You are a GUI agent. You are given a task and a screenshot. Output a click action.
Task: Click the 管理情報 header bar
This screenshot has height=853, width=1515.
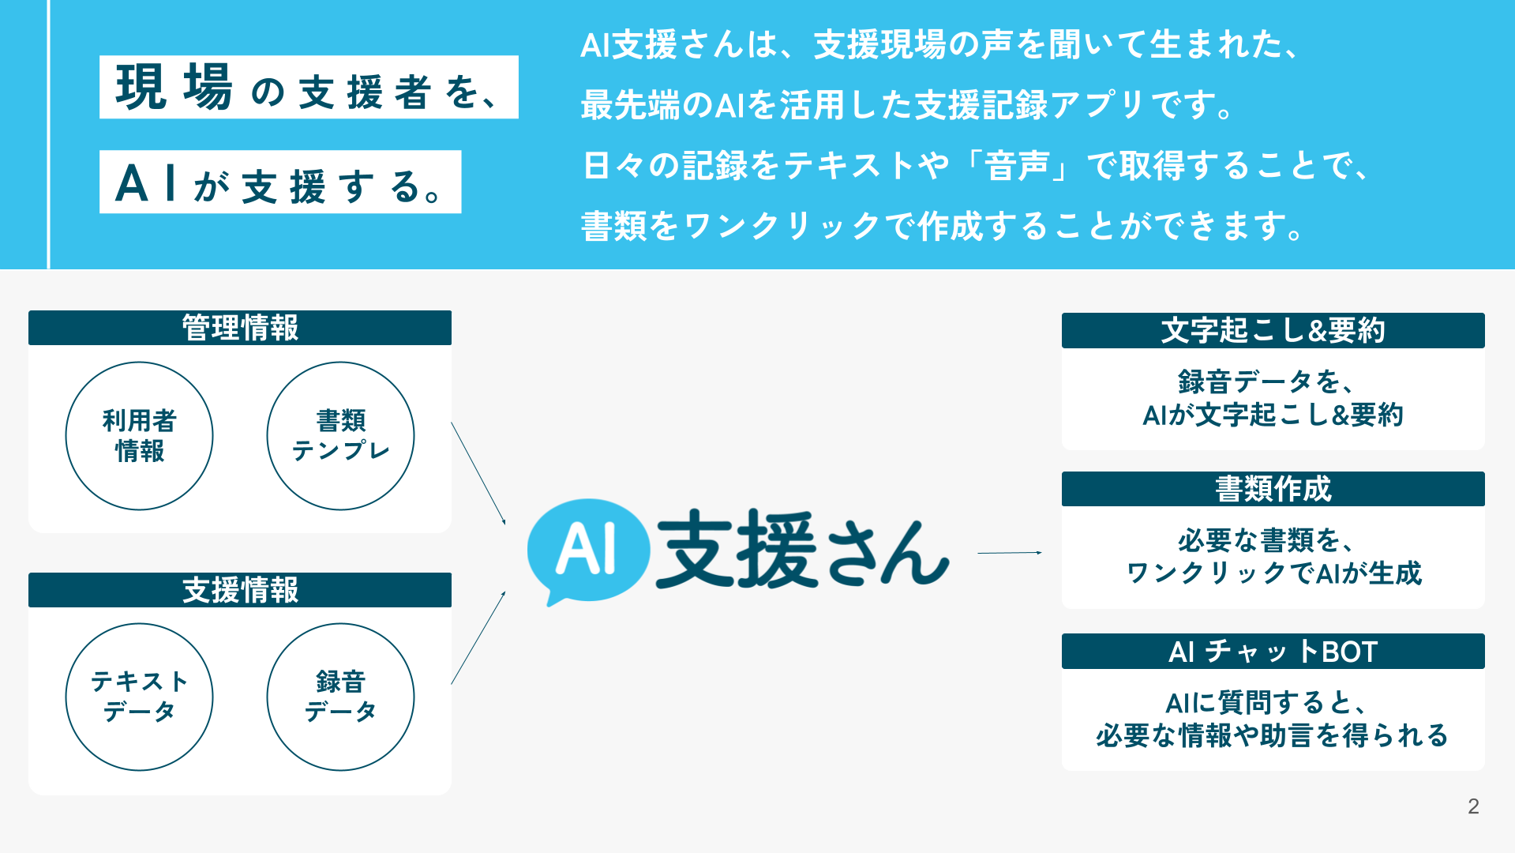click(240, 328)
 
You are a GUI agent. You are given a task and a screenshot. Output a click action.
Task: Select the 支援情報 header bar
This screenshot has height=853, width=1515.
click(240, 590)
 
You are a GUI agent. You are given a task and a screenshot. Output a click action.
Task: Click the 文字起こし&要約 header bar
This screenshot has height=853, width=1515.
click(1273, 330)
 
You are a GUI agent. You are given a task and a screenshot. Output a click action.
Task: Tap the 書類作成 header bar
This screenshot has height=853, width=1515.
click(1273, 489)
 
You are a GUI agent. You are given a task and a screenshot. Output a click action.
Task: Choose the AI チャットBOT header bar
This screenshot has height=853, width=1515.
click(1273, 652)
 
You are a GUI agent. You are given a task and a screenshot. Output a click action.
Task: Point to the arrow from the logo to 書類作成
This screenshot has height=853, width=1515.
click(1010, 553)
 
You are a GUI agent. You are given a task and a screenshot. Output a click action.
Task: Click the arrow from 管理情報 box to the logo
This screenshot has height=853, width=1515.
click(478, 473)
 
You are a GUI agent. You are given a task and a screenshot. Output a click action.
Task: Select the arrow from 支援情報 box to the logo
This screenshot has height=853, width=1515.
click(478, 637)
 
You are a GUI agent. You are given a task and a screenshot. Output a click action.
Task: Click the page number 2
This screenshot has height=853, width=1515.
click(1473, 806)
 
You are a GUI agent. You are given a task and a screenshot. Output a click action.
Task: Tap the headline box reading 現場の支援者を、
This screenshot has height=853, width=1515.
click(309, 87)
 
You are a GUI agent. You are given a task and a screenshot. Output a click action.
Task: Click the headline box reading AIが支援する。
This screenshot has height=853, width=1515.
click(280, 182)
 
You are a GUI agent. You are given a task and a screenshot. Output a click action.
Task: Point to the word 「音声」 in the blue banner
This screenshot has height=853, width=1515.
click(1018, 166)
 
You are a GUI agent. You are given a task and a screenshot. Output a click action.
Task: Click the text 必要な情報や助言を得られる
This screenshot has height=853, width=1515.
click(1272, 735)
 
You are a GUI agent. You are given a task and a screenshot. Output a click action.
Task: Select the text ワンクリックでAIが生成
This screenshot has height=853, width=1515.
click(1273, 573)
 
